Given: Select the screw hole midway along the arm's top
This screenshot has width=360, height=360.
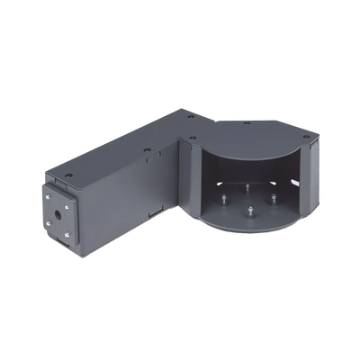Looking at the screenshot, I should [x=147, y=149].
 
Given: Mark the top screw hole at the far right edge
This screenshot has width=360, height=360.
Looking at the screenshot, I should [x=306, y=137].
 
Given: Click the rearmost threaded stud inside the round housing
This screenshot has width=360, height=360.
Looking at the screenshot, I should [x=247, y=187].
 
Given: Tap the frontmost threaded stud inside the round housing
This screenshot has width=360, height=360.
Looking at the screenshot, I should [x=249, y=211].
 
